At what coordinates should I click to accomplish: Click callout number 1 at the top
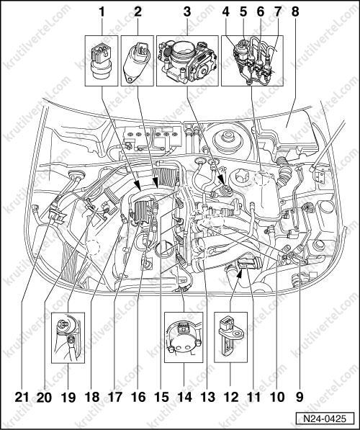[x=102, y=12]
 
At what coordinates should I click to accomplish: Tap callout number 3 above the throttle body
[x=186, y=12]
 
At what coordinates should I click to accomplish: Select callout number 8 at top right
[x=295, y=12]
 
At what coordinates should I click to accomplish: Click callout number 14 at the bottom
[x=184, y=397]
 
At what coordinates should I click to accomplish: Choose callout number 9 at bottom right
[x=299, y=397]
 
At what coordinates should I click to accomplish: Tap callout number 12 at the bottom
[x=230, y=397]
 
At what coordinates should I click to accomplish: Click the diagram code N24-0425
[x=325, y=418]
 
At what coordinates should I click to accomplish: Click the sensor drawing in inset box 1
[x=102, y=61]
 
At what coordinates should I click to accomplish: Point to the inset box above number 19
[x=68, y=338]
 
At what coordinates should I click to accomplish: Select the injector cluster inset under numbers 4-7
[x=252, y=61]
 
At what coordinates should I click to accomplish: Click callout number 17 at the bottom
[x=115, y=397]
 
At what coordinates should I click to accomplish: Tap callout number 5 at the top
[x=243, y=12]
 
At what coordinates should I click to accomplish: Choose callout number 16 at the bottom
[x=138, y=397]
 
